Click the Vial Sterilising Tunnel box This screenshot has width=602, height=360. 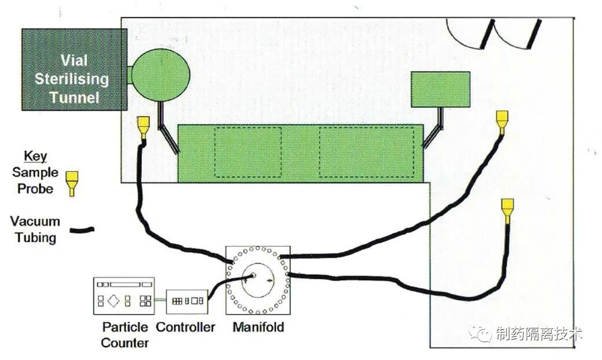(x=74, y=69)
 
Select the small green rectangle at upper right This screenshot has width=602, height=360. (x=440, y=89)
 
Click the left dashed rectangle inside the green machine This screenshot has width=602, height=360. (x=248, y=152)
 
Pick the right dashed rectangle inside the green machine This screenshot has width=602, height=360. (x=366, y=152)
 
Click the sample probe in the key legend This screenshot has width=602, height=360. (x=72, y=182)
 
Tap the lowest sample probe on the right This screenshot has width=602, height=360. (x=507, y=210)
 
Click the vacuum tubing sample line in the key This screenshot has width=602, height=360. (x=82, y=231)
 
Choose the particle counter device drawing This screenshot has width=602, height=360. (x=124, y=296)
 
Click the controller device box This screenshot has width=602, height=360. (x=187, y=301)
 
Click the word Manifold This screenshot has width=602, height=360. (x=258, y=327)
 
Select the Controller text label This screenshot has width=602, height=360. (x=185, y=327)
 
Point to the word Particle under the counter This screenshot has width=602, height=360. (x=125, y=327)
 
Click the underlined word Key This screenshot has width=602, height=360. (x=35, y=157)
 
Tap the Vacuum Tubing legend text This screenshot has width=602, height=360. (x=35, y=230)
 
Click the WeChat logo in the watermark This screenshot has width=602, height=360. (x=480, y=333)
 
